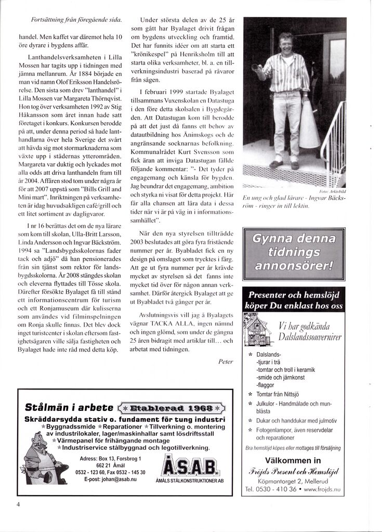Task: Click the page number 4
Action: pos(18,503)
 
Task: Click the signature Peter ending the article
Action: pos(226,361)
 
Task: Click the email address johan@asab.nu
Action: pos(110,479)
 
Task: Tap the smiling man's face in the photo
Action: pos(286,43)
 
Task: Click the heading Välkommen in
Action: pos(293,460)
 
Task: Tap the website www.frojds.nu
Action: pos(322,489)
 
